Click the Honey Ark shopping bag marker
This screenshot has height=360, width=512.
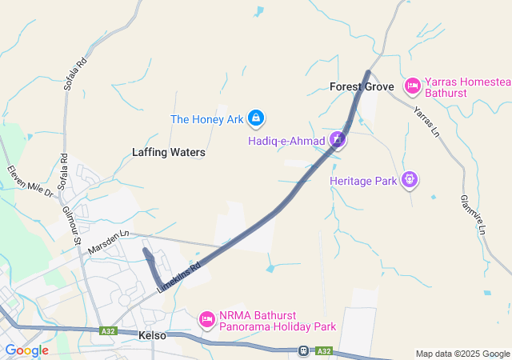[255, 119]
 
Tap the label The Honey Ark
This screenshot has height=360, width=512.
[207, 120]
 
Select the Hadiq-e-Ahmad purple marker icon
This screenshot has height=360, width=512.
[338, 141]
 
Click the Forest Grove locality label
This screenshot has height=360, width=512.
[362, 86]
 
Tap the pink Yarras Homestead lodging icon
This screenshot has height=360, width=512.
[412, 84]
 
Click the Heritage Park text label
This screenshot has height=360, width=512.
[363, 182]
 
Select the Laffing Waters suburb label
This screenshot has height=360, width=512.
[169, 152]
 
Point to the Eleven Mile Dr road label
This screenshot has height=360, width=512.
[30, 182]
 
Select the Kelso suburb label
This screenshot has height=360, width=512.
[152, 336]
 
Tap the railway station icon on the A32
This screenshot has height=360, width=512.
[303, 350]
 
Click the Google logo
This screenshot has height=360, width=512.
[26, 350]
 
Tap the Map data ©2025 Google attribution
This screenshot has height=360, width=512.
[462, 354]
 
